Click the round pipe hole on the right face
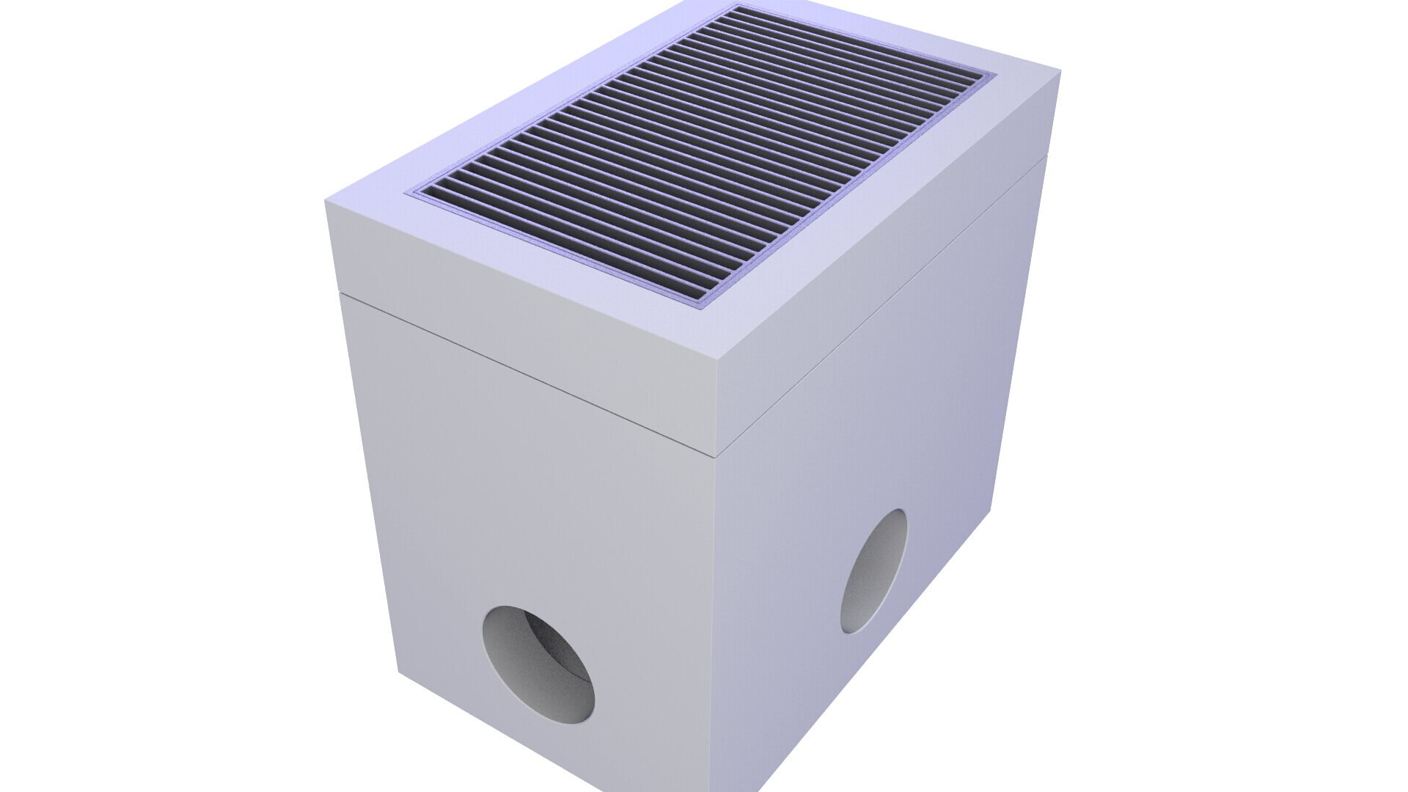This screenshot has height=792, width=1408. pos(873,571)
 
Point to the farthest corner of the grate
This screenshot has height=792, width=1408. pos(736,6)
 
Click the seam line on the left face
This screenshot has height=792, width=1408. pos(528,375)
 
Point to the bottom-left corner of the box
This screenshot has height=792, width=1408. pos(398,671)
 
